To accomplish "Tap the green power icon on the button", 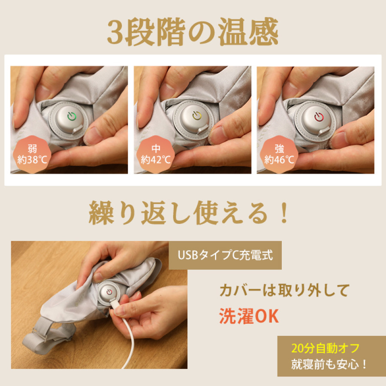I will pos(71,117).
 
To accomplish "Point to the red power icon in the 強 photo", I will pos(319,116).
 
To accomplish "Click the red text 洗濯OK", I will pos(249,316).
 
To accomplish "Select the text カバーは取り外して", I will pos(284,291).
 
